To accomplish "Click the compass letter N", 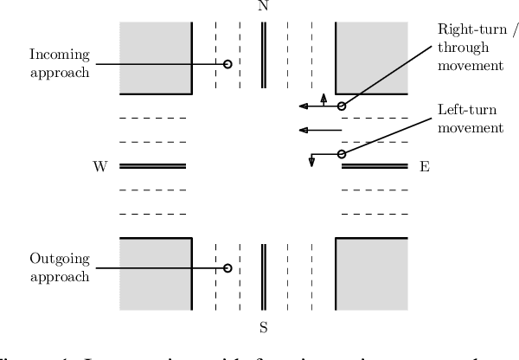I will tap(264, 6).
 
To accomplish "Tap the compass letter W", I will tap(99, 166).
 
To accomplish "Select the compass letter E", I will tap(424, 166).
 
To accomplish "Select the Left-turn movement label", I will tap(471, 120).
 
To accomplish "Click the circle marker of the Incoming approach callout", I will tap(227, 64).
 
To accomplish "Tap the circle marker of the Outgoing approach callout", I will tap(227, 268).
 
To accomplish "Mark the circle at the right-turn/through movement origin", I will tap(342, 106).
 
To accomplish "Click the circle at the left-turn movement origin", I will tap(342, 154).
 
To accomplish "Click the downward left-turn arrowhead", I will tap(311, 164).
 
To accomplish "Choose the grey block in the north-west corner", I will tap(156, 57).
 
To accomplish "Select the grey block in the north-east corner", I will tap(371, 57).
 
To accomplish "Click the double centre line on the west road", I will tap(153, 166).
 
